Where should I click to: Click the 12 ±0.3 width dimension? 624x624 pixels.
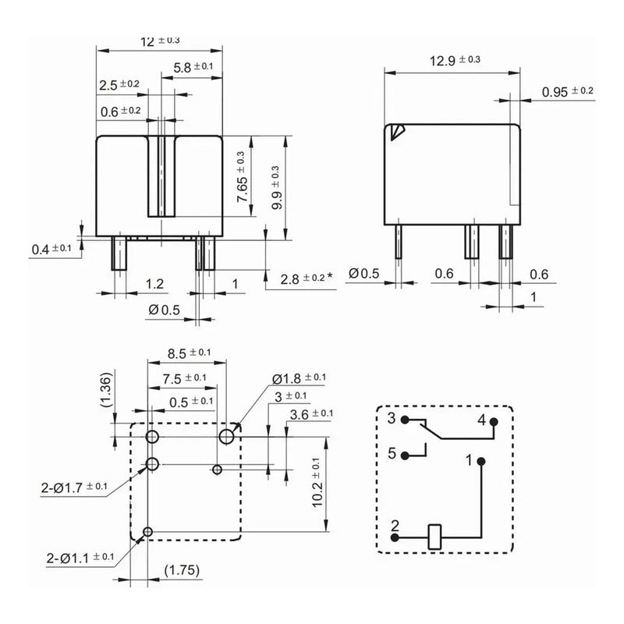160,41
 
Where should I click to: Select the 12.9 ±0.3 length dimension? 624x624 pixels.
455,59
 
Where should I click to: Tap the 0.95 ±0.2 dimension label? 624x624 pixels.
568,92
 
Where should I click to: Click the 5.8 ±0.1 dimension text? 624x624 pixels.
193,68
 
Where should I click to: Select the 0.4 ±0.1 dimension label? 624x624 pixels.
51,249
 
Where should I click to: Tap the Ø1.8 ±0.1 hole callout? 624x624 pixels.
300,378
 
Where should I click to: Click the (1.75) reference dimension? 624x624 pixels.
181,570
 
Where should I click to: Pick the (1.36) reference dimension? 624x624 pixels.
108,389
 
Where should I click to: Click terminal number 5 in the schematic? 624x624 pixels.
392,452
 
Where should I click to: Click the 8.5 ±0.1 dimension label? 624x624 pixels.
188,353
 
